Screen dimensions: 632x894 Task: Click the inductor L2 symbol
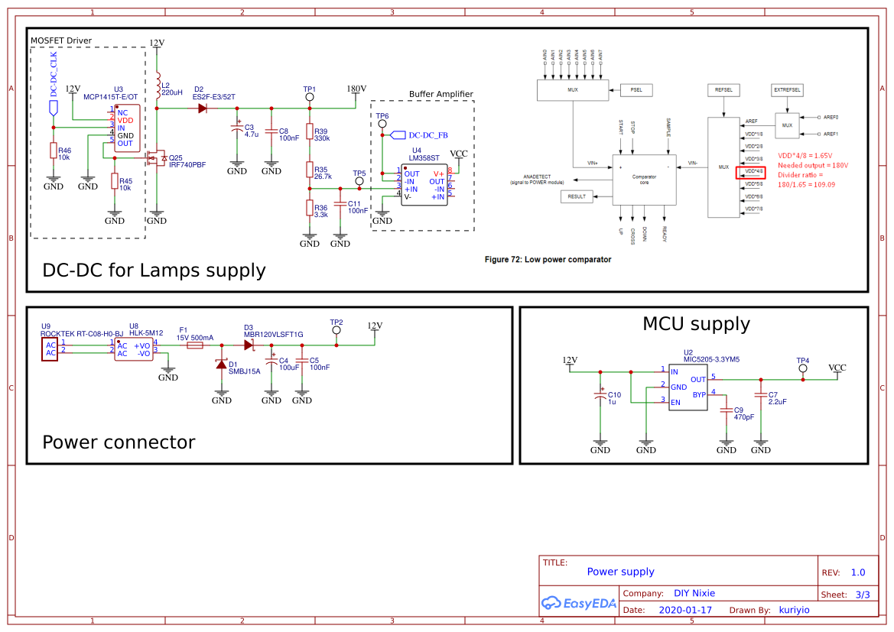[158, 86]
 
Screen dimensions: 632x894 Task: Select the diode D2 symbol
[203, 109]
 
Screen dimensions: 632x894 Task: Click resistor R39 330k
[310, 135]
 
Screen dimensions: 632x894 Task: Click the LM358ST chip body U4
[424, 185]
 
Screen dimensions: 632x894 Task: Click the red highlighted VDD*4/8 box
[751, 173]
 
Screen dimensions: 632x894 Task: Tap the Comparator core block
[644, 179]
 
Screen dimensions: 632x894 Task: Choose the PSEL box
[636, 89]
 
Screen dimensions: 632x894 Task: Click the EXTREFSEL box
[788, 89]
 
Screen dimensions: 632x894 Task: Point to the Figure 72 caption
[548, 260]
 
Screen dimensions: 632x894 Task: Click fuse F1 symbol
[195, 345]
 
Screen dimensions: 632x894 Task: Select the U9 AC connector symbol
[50, 348]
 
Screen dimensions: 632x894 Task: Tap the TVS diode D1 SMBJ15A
[222, 365]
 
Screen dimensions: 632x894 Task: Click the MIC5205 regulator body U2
[688, 387]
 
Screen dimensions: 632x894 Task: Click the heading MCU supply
[696, 324]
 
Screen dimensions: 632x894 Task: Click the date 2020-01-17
[685, 610]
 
